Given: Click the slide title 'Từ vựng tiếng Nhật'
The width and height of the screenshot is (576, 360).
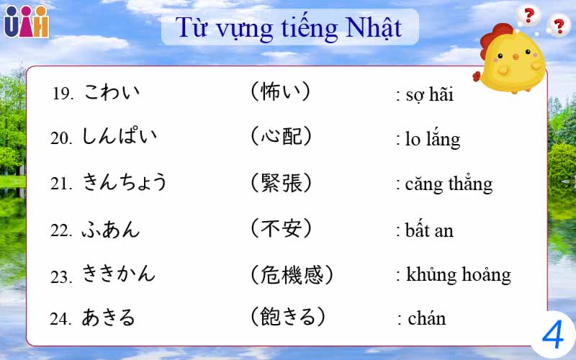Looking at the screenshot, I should (x=289, y=28).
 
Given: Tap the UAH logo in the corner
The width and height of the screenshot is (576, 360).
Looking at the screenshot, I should (x=26, y=22).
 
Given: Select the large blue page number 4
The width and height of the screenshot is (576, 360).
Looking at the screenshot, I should (x=553, y=335).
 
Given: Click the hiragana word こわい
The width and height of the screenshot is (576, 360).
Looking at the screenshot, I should (x=112, y=93).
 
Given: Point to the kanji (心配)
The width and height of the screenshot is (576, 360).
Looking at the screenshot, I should (x=282, y=136).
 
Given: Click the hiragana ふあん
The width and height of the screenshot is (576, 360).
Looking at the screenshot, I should (x=111, y=230).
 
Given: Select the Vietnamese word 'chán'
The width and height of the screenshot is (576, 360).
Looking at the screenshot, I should (x=426, y=318).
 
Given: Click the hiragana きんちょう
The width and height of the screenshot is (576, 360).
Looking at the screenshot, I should (x=125, y=183).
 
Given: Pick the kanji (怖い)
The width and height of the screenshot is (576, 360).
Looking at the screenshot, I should (x=282, y=92).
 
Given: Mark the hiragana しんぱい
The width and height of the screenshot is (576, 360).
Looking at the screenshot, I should (x=120, y=137).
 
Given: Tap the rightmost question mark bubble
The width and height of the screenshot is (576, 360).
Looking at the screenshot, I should (x=557, y=26).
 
